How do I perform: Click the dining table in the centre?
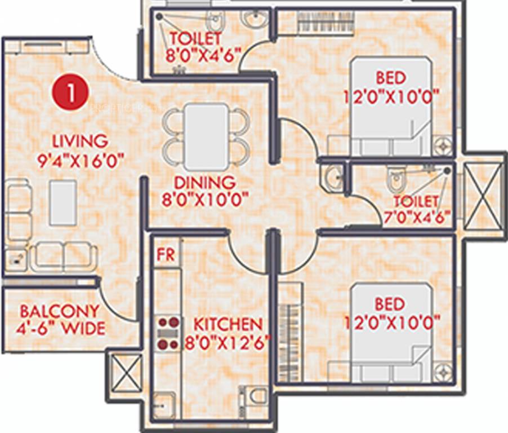coord(207,137)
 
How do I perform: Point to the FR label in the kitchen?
coord(166,254)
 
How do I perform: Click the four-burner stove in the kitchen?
coord(168,333)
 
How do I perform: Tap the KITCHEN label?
coord(228,324)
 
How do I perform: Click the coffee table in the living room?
coord(62,202)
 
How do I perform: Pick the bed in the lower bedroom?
coord(391,333)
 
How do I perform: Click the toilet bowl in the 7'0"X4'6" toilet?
coord(396,180)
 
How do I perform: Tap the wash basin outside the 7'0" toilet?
coord(331,177)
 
